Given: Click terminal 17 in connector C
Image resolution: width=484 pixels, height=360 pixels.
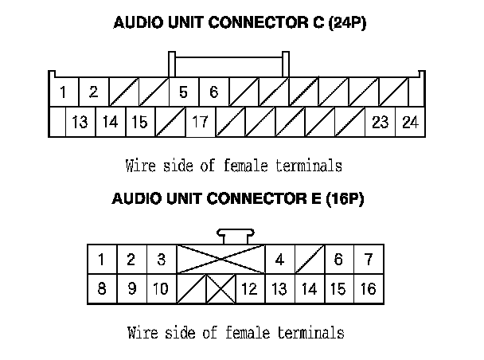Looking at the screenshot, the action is click(x=201, y=122).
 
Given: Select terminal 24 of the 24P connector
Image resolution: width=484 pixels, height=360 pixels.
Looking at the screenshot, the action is click(x=410, y=122).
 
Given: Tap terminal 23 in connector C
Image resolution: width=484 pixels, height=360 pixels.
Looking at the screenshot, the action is click(x=381, y=122).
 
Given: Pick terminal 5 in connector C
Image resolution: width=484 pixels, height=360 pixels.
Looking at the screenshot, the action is click(x=184, y=92).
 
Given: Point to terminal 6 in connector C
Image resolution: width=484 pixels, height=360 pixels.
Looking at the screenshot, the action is click(x=214, y=92).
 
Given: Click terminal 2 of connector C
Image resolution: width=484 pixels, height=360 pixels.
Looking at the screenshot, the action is click(x=94, y=92).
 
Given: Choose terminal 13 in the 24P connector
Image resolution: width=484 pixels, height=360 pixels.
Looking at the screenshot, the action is click(x=80, y=122).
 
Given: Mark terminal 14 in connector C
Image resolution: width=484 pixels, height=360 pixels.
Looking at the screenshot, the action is click(x=111, y=122).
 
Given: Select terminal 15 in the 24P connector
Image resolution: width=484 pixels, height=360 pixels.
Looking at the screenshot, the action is click(x=140, y=122).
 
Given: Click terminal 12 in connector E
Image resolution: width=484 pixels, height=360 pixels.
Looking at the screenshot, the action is click(x=250, y=289).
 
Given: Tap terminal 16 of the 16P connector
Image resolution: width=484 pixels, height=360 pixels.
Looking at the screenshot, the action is click(x=369, y=289).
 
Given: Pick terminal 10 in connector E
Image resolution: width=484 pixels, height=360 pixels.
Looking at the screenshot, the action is click(x=162, y=289).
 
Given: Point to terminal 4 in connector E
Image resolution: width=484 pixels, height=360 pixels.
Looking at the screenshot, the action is click(x=280, y=260).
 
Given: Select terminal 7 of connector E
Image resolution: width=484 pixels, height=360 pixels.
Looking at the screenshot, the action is click(x=369, y=260).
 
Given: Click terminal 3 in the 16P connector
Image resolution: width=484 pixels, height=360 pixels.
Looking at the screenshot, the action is click(x=162, y=260).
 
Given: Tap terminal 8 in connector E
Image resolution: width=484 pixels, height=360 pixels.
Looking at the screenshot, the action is click(x=102, y=289).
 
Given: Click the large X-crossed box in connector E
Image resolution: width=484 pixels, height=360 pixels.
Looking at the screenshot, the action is click(x=221, y=260).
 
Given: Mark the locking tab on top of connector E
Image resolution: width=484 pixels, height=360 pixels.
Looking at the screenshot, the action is click(x=236, y=237).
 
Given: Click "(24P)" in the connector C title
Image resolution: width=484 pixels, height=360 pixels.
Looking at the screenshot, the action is click(x=347, y=23).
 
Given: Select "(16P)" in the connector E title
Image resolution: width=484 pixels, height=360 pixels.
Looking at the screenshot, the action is click(x=345, y=198).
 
